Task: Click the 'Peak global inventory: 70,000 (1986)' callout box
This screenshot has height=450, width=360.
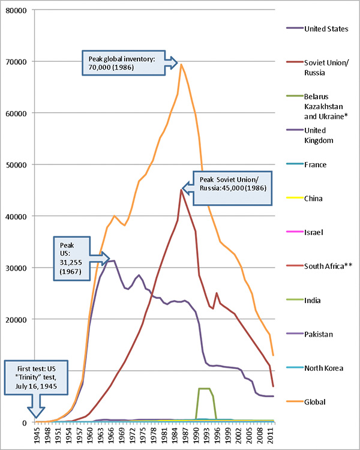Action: point(122,63)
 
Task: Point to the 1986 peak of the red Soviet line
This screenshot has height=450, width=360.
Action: point(181,190)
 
